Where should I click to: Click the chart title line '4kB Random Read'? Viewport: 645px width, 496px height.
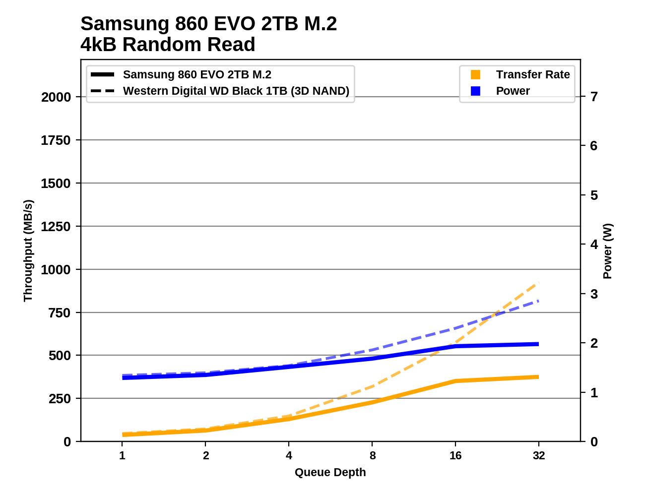pos(168,45)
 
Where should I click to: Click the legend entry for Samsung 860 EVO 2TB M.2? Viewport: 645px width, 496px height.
pos(197,74)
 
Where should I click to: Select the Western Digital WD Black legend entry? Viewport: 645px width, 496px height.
pos(236,91)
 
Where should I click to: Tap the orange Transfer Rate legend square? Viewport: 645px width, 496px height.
pos(475,74)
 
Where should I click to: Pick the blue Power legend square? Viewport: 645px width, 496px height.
pos(475,91)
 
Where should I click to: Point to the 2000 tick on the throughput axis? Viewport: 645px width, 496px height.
pos(56,97)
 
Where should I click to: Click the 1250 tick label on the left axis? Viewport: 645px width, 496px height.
pos(56,227)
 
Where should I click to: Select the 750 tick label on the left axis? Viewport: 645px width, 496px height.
pos(60,313)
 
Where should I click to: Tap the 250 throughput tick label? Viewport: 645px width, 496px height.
pos(60,399)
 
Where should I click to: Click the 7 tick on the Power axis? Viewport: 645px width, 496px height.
pos(594,96)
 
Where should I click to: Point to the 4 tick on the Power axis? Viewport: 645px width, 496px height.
pos(594,244)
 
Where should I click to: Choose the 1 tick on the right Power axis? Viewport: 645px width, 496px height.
pos(594,392)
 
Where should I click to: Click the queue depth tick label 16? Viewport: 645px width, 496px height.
pos(455,455)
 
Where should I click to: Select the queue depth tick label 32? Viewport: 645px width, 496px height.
pos(539,455)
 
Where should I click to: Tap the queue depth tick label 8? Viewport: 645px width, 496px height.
pos(373,455)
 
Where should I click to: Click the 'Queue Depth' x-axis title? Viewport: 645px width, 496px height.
pos(330,472)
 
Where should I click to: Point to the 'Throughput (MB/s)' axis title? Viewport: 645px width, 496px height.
pos(28,250)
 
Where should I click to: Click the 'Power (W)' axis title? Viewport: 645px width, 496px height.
pos(607,251)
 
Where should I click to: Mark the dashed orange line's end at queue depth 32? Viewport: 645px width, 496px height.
pos(538,283)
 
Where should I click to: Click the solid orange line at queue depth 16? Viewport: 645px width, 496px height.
pos(455,381)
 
